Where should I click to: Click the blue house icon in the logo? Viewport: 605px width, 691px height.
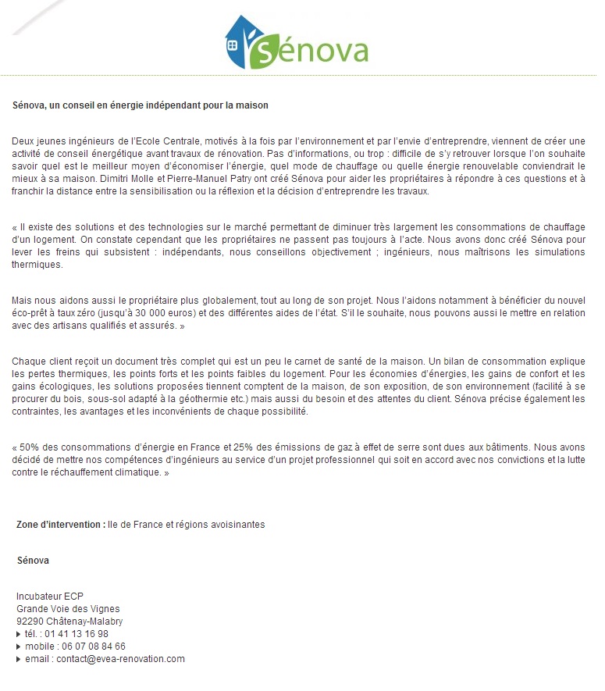click(x=239, y=43)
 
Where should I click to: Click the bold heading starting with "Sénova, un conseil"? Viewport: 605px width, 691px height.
click(x=141, y=105)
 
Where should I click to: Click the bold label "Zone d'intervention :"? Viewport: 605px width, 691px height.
click(x=61, y=525)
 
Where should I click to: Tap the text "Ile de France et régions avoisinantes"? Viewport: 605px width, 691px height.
click(x=187, y=525)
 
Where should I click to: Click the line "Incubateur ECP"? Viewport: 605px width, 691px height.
click(x=49, y=597)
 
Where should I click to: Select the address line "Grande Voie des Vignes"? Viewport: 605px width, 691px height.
click(x=68, y=609)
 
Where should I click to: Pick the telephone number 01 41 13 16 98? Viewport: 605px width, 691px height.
click(x=77, y=634)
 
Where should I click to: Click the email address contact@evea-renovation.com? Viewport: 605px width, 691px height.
click(x=120, y=659)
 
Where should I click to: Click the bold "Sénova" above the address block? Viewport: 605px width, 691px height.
click(x=33, y=561)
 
